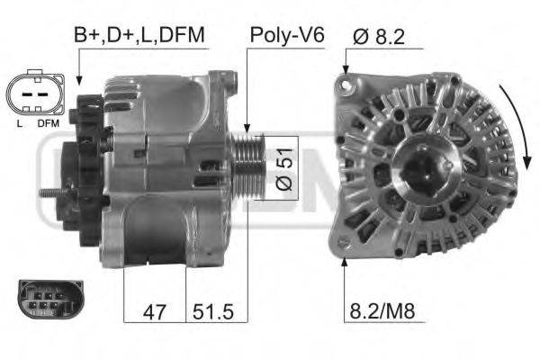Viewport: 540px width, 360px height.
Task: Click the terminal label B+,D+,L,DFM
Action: pos(139,35)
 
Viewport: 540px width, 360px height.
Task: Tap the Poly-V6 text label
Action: pos(287,35)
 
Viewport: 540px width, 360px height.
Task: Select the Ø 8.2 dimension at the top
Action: pos(379,36)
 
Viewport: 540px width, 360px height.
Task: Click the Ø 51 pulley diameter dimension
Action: pos(284,169)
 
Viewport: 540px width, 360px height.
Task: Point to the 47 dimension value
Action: pos(154,311)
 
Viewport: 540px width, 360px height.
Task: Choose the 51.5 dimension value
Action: pos(212,311)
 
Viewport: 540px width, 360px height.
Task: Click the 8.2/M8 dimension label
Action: pos(382,310)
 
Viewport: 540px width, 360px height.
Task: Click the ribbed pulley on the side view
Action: pos(248,167)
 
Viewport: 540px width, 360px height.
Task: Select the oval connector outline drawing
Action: pos(35,93)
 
